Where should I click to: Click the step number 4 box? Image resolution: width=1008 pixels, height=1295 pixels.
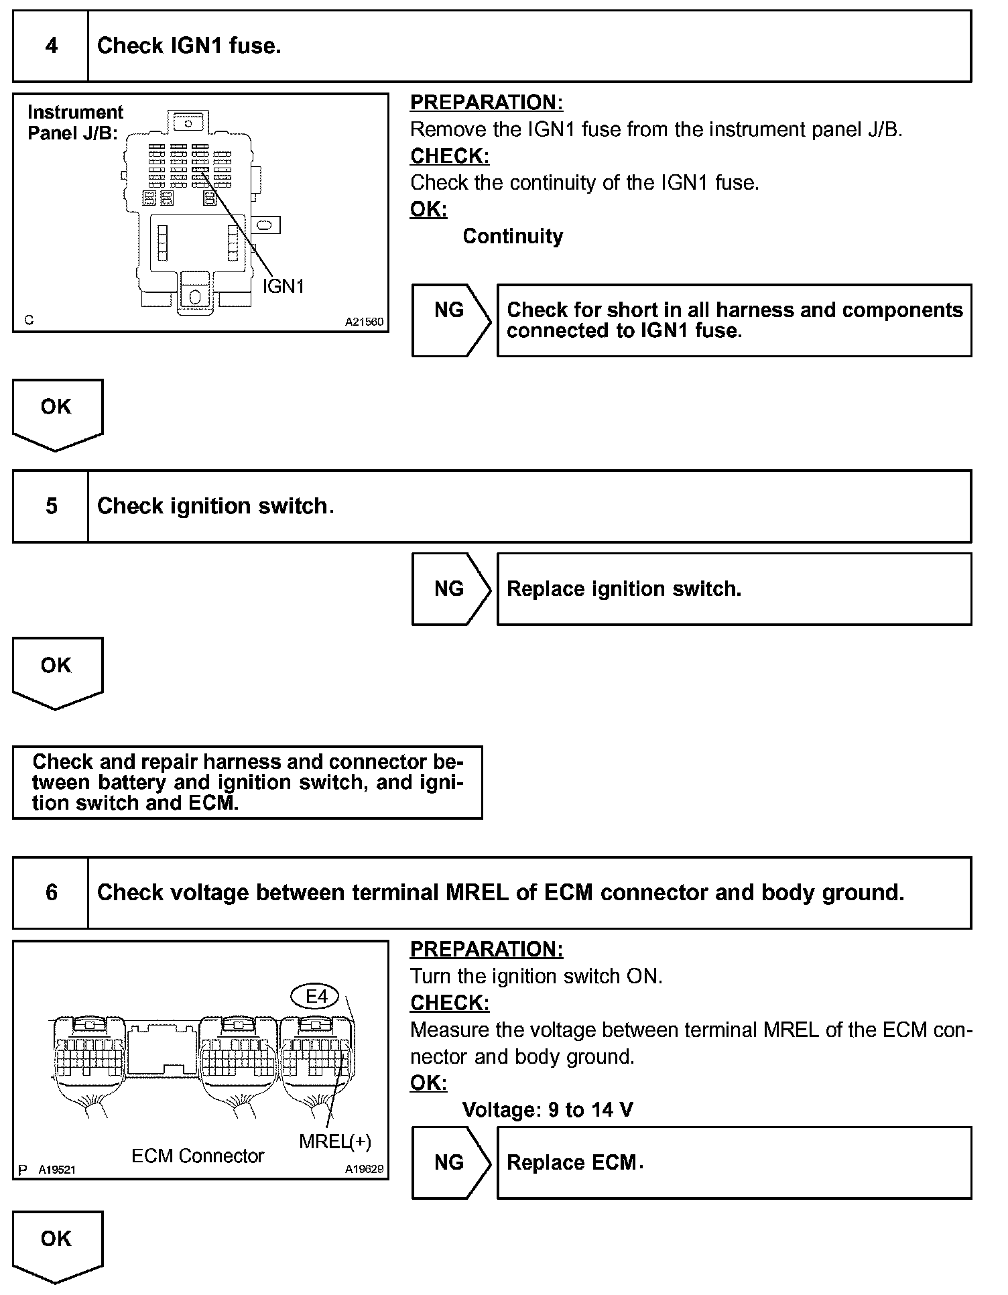pos(51,46)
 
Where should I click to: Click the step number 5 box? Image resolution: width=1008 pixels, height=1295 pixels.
pos(51,506)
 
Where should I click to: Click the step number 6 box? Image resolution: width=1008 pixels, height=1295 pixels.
pos(51,893)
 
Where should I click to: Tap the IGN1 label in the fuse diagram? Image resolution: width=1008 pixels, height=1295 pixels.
pos(283,287)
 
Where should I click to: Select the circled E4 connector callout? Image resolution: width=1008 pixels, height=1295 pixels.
pos(316,997)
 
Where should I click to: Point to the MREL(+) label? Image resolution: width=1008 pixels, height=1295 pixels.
pos(334,1141)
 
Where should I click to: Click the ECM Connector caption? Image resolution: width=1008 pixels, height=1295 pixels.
pos(198,1156)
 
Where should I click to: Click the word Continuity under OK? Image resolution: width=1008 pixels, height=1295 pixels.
pos(513,237)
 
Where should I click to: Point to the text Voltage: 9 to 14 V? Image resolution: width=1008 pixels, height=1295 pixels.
pos(548,1110)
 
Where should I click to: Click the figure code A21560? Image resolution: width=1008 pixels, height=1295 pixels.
pos(364,322)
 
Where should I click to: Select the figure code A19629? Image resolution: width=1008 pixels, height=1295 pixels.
pos(364,1169)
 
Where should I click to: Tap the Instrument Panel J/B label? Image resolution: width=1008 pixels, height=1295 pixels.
pos(75,123)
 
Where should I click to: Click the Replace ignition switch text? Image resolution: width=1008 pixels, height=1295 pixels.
pos(624,589)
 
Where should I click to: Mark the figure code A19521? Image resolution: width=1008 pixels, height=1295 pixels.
pos(56,1170)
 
